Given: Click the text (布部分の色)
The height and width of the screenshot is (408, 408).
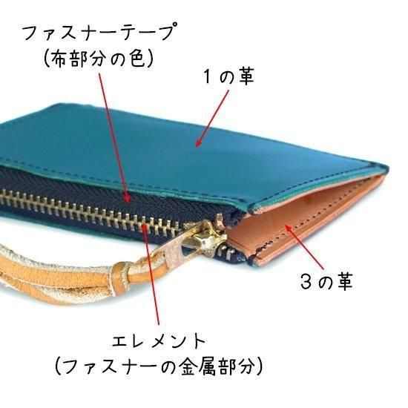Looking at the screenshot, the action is [99, 58].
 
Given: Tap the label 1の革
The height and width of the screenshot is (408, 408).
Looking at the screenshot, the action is [228, 78].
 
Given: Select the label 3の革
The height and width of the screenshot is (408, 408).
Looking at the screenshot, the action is [326, 281].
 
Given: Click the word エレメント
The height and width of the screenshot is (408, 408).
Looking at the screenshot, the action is [159, 341].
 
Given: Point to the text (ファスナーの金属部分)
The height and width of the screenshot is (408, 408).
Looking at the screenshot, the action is [159, 366].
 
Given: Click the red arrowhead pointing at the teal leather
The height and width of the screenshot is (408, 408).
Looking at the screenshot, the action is [199, 143].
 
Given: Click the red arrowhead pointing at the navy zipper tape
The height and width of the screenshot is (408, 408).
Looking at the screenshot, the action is [127, 199].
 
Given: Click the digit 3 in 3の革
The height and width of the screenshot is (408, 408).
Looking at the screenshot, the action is [306, 282].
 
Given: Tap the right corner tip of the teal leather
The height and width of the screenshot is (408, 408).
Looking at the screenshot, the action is [387, 167].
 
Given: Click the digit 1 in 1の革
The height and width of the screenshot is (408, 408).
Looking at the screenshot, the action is [208, 78].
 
